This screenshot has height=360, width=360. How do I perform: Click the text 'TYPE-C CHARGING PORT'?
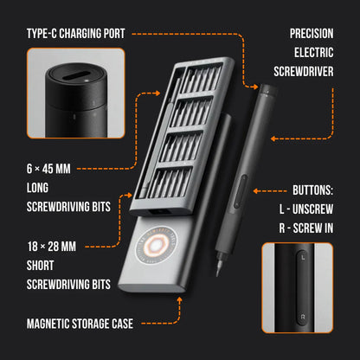(75, 34)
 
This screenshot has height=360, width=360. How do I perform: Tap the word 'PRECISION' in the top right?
(312, 34)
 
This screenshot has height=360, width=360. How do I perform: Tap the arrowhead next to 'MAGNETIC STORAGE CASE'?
(177, 299)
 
